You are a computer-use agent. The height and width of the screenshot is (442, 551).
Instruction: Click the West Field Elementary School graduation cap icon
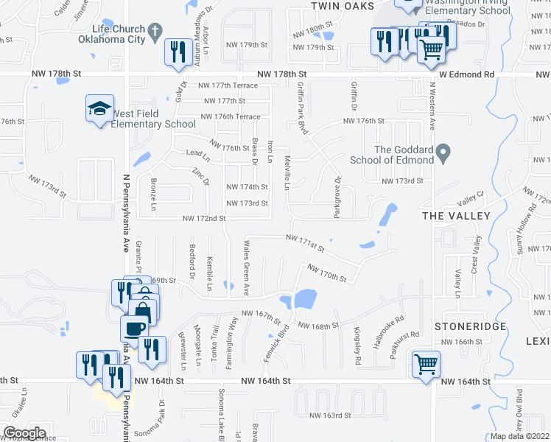[99, 109]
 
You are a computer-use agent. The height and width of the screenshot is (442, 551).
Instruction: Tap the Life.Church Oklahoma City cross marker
[154, 31]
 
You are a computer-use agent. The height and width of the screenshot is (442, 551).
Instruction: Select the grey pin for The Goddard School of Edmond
[443, 154]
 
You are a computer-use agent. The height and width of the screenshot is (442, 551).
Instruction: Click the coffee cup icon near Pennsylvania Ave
[134, 328]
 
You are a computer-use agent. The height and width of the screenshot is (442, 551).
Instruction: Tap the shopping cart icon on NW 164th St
[427, 364]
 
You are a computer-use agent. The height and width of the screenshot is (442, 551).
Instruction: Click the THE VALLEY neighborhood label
[455, 215]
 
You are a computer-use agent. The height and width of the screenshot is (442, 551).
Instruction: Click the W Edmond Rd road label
[467, 74]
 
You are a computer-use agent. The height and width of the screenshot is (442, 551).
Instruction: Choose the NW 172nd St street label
[204, 218]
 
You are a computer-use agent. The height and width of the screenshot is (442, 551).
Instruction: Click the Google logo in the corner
[24, 433]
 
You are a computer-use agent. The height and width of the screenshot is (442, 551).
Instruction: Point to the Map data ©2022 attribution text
[519, 436]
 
